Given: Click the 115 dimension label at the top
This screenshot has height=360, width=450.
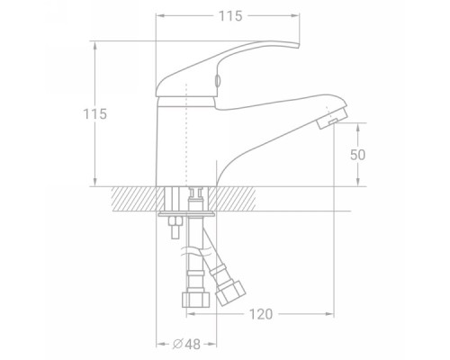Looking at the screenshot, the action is tap(230, 16).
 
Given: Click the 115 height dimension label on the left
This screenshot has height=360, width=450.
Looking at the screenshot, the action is tap(94, 114).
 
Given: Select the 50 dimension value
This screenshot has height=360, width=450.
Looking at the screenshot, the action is tap(358, 155).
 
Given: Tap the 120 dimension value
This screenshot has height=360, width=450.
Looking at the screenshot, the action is tap(261, 314).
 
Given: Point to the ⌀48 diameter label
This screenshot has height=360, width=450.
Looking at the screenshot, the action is tap(186, 344).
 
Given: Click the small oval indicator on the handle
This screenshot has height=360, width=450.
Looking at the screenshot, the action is tap(218, 81).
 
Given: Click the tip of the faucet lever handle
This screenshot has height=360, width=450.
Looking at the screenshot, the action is tap(299, 45).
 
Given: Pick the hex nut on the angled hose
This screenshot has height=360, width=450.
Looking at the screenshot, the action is tap(231, 292).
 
